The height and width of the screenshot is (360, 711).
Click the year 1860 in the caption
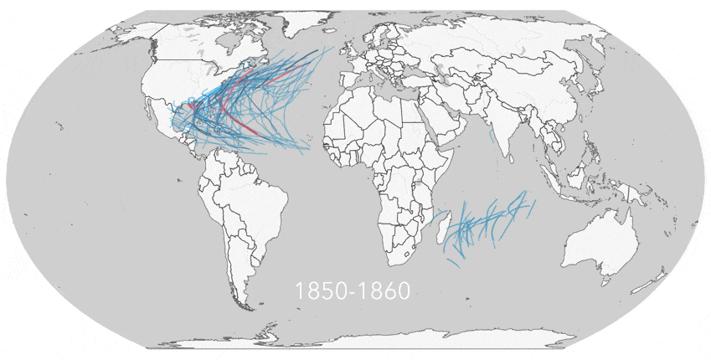(x=384, y=291)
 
